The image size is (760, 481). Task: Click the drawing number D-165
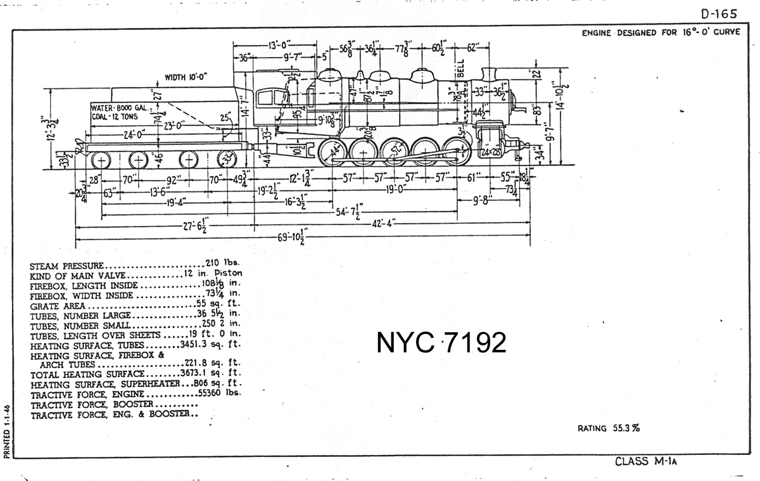(x=719, y=15)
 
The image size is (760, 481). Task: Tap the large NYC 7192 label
(x=441, y=343)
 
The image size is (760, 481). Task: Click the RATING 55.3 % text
(x=608, y=428)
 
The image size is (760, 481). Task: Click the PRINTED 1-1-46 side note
(x=6, y=432)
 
